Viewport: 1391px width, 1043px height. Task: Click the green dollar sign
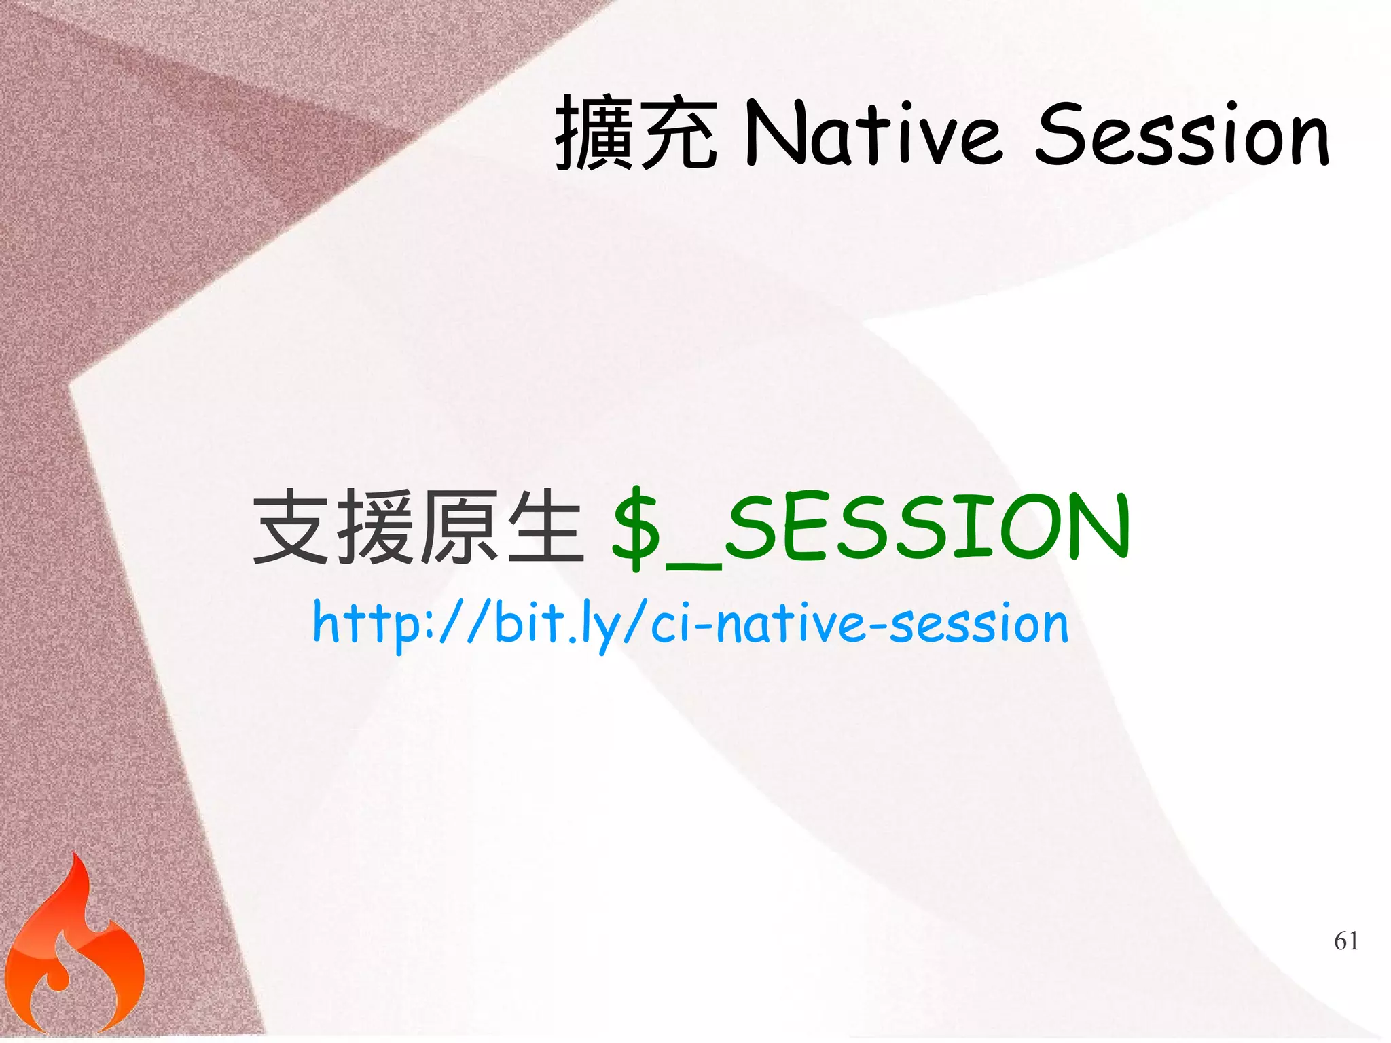[x=636, y=528]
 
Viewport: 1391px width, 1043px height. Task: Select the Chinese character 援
[x=376, y=527]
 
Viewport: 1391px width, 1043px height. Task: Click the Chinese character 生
[x=545, y=527]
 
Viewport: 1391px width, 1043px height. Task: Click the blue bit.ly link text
[x=689, y=623]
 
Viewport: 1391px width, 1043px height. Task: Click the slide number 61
[x=1345, y=940]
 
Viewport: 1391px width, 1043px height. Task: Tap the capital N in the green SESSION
[x=1094, y=527]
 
